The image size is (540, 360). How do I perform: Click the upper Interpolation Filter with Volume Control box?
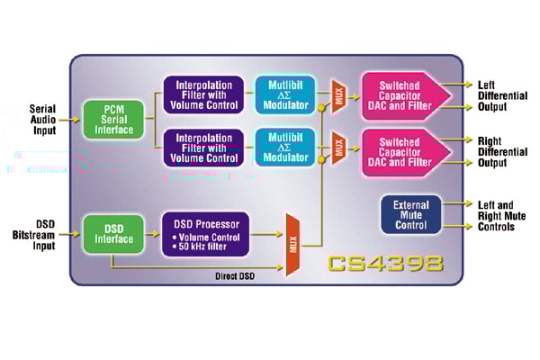[202, 94]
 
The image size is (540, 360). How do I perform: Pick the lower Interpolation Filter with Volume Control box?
[202, 147]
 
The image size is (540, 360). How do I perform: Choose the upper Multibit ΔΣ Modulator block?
[285, 94]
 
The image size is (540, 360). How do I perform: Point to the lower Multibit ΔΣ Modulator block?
[285, 147]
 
